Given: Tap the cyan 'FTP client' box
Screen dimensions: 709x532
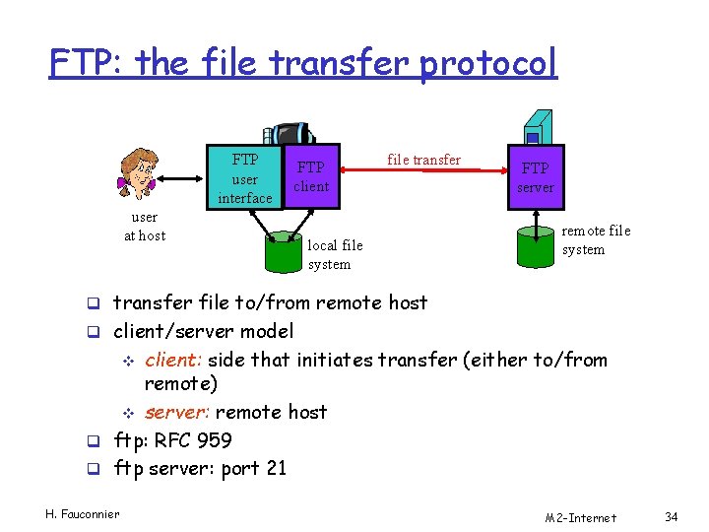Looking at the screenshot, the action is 311,177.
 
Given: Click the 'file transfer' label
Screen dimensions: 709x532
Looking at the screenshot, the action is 423,160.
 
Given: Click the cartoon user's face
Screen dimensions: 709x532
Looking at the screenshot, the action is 138,176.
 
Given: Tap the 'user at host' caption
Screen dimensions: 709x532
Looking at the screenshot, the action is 144,226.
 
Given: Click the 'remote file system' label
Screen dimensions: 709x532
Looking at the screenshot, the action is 595,239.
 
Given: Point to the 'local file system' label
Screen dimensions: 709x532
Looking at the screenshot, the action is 335,254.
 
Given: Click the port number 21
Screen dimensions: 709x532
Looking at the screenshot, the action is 275,468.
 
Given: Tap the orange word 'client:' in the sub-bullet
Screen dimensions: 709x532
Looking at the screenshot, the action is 176,360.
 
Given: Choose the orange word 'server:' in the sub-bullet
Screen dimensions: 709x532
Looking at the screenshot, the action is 177,412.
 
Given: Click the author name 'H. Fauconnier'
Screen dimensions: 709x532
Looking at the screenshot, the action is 83,513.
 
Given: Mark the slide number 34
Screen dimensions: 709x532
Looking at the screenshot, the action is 672,517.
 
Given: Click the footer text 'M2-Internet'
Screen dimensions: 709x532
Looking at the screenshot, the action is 581,517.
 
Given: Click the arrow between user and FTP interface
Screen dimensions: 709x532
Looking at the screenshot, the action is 181,179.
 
